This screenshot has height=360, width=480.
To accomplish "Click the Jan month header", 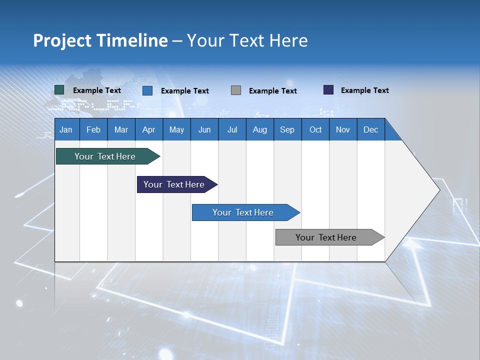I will pyautogui.click(x=66, y=129).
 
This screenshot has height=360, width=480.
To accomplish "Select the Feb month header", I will pyautogui.click(x=93, y=129).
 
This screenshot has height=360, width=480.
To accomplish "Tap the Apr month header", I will pyautogui.click(x=149, y=129).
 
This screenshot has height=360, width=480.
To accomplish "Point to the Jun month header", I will pyautogui.click(x=204, y=129).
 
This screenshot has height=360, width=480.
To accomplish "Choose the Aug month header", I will pyautogui.click(x=260, y=129).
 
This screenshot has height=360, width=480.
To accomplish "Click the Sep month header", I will pyautogui.click(x=287, y=129).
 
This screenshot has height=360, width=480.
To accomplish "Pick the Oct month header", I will pyautogui.click(x=315, y=129).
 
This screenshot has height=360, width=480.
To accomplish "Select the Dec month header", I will pyautogui.click(x=371, y=129).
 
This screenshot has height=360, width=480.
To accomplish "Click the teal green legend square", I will pyautogui.click(x=59, y=90).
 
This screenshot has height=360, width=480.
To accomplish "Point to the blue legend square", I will pyautogui.click(x=147, y=90).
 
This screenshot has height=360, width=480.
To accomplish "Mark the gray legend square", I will pyautogui.click(x=236, y=90).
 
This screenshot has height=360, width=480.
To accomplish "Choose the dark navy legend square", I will pyautogui.click(x=328, y=90).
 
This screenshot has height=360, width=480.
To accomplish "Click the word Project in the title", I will pyautogui.click(x=62, y=40).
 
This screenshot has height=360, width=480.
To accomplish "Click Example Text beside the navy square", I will pyautogui.click(x=364, y=90).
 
